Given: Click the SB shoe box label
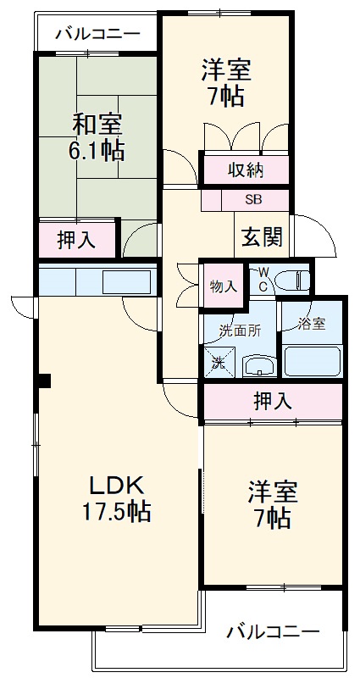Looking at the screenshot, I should [253, 201].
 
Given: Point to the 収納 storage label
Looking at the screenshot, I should [246, 170].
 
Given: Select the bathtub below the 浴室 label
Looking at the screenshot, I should [312, 359].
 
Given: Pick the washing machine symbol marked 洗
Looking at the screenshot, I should [219, 363].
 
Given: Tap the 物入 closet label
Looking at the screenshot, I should [224, 286].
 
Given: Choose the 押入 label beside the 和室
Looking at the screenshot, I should [76, 240].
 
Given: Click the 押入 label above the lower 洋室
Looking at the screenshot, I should [273, 402].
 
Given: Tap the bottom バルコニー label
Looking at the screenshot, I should [274, 632].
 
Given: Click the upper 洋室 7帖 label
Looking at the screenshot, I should [224, 81].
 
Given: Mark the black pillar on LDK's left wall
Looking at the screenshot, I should [43, 381].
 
